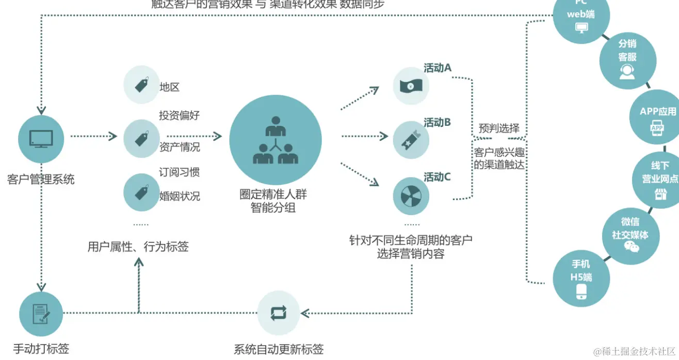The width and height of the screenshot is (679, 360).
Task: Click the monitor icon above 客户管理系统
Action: tap(41, 138)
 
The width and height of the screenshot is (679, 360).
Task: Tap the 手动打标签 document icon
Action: tap(41, 314)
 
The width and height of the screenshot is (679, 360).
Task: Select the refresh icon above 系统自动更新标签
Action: tap(278, 313)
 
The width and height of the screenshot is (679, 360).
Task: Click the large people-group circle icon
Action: tap(275, 140)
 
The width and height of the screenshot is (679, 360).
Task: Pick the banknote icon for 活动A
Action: tap(411, 86)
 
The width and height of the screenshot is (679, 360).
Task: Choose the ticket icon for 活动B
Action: tap(411, 140)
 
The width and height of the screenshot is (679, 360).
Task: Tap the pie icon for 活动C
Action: tap(411, 196)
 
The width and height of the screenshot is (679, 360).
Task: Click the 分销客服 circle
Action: tap(627, 60)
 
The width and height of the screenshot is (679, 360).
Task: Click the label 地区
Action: tap(169, 87)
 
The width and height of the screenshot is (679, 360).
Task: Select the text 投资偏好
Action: tap(179, 116)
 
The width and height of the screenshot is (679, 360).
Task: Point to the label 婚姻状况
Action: tap(179, 196)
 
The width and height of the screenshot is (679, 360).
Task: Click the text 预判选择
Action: tap(498, 128)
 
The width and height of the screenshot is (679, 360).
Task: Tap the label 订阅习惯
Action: tap(179, 172)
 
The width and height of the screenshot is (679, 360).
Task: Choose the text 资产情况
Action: tap(179, 147)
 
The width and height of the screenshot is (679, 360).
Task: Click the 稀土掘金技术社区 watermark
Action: tap(634, 352)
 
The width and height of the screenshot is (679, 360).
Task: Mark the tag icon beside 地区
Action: tap(142, 85)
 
